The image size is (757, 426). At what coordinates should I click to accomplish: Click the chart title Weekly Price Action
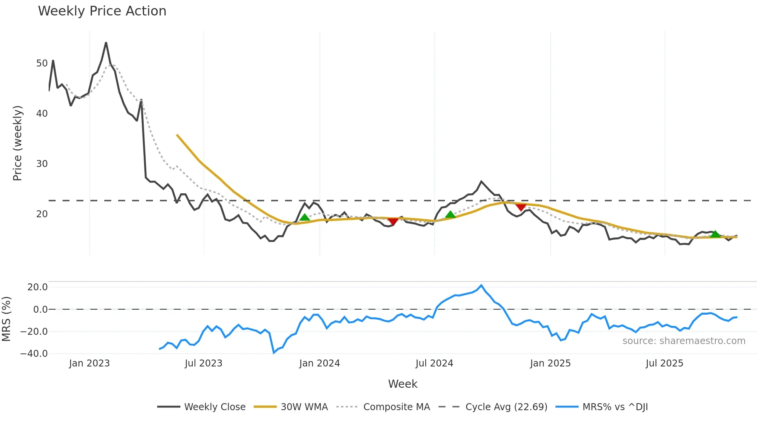point(102,11)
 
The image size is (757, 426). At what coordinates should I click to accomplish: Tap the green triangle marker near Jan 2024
point(305,217)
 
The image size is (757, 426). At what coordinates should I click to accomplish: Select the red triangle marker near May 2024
point(393,222)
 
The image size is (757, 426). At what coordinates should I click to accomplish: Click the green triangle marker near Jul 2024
point(450,215)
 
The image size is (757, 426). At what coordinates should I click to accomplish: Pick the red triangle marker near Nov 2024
point(521,208)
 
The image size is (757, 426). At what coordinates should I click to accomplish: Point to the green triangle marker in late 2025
point(715,234)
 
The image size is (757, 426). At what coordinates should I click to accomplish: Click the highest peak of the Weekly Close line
point(106,43)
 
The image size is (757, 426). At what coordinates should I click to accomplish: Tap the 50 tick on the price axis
point(42,63)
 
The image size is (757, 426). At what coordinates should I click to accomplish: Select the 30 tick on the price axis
point(42,164)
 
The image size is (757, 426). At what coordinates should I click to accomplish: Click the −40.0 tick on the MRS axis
point(34,354)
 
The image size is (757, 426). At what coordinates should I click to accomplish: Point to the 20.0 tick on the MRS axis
point(37,287)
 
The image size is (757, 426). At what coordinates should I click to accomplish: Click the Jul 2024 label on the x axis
point(434,363)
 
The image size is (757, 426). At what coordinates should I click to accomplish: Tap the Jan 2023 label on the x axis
point(89,363)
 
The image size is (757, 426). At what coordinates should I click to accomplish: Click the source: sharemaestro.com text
point(684,341)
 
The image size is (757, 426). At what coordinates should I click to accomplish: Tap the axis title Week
point(402,384)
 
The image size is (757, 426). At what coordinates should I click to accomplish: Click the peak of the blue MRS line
point(481,286)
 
